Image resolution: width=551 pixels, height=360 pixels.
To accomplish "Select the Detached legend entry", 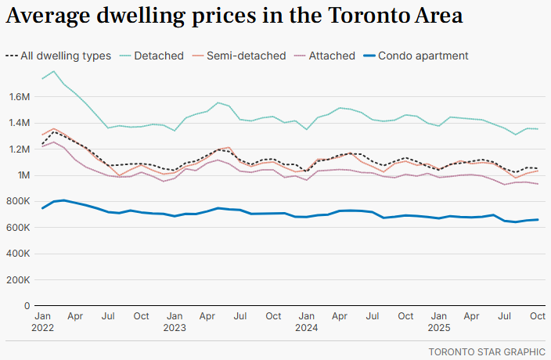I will [x=158, y=56].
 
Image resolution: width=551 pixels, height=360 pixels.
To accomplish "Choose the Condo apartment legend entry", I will [x=423, y=56].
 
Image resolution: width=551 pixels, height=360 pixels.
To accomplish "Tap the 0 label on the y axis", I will [x=27, y=305].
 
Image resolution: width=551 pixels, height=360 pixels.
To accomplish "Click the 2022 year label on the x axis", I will [x=42, y=328].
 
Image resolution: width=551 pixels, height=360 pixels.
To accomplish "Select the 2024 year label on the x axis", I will [x=306, y=328].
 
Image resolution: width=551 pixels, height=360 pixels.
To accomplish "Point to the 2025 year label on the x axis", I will [x=438, y=328].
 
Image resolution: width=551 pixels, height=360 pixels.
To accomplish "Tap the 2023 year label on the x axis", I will [x=175, y=328].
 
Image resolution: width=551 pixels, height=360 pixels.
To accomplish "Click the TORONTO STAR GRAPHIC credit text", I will [x=486, y=351].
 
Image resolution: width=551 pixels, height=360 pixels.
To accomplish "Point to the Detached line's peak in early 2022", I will [x=53, y=72].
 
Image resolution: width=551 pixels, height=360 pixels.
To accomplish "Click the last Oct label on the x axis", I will [x=537, y=316].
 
